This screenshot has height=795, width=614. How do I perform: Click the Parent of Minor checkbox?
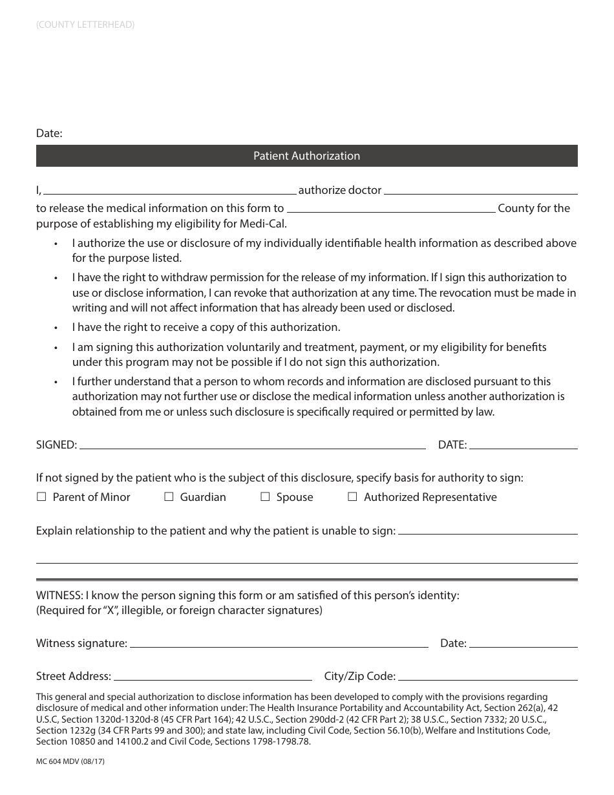41,497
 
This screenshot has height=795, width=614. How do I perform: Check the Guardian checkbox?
169,497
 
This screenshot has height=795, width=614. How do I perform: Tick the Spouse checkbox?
265,497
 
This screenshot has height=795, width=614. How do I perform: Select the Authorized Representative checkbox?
352,497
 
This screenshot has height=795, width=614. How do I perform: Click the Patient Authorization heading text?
306,156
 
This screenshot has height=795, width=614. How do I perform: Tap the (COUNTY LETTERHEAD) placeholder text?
85,25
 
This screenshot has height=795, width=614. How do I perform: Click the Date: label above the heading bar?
49,133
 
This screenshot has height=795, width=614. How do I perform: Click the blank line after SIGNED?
252,446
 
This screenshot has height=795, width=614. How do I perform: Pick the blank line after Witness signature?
279,644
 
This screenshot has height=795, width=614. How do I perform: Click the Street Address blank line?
213,677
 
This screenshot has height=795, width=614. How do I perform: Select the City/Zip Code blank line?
487,677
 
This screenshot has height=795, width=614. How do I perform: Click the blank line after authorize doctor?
481,192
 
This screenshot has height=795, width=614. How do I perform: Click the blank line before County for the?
391,210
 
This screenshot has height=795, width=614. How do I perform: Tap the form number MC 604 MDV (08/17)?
70,761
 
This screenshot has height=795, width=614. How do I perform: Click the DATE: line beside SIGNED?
523,446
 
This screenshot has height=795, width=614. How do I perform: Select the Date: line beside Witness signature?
523,644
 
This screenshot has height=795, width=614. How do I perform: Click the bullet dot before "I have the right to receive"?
56,328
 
